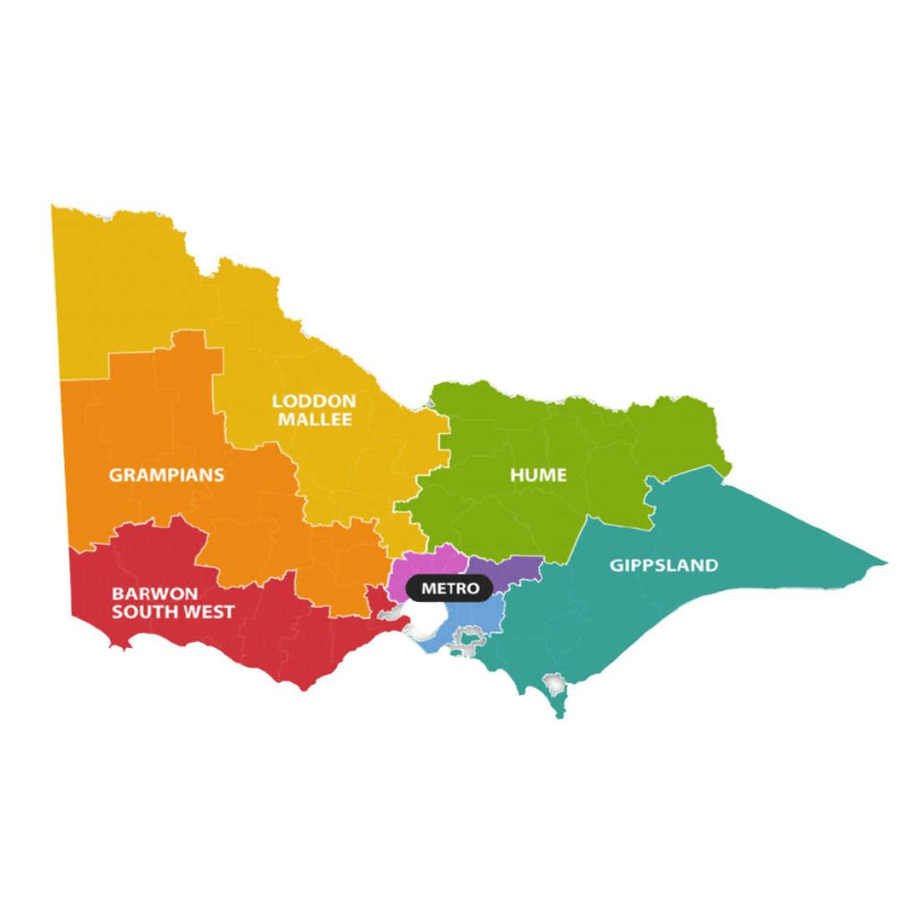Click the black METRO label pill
coord(450,589)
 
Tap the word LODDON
coord(314,401)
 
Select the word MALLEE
coord(314,420)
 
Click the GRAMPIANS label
coord(166,475)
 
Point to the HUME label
coord(538,475)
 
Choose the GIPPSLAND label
coord(663,565)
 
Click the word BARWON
coord(155,594)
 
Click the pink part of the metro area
coord(435,562)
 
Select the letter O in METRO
coord(473,589)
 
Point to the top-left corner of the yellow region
coord(53,206)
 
